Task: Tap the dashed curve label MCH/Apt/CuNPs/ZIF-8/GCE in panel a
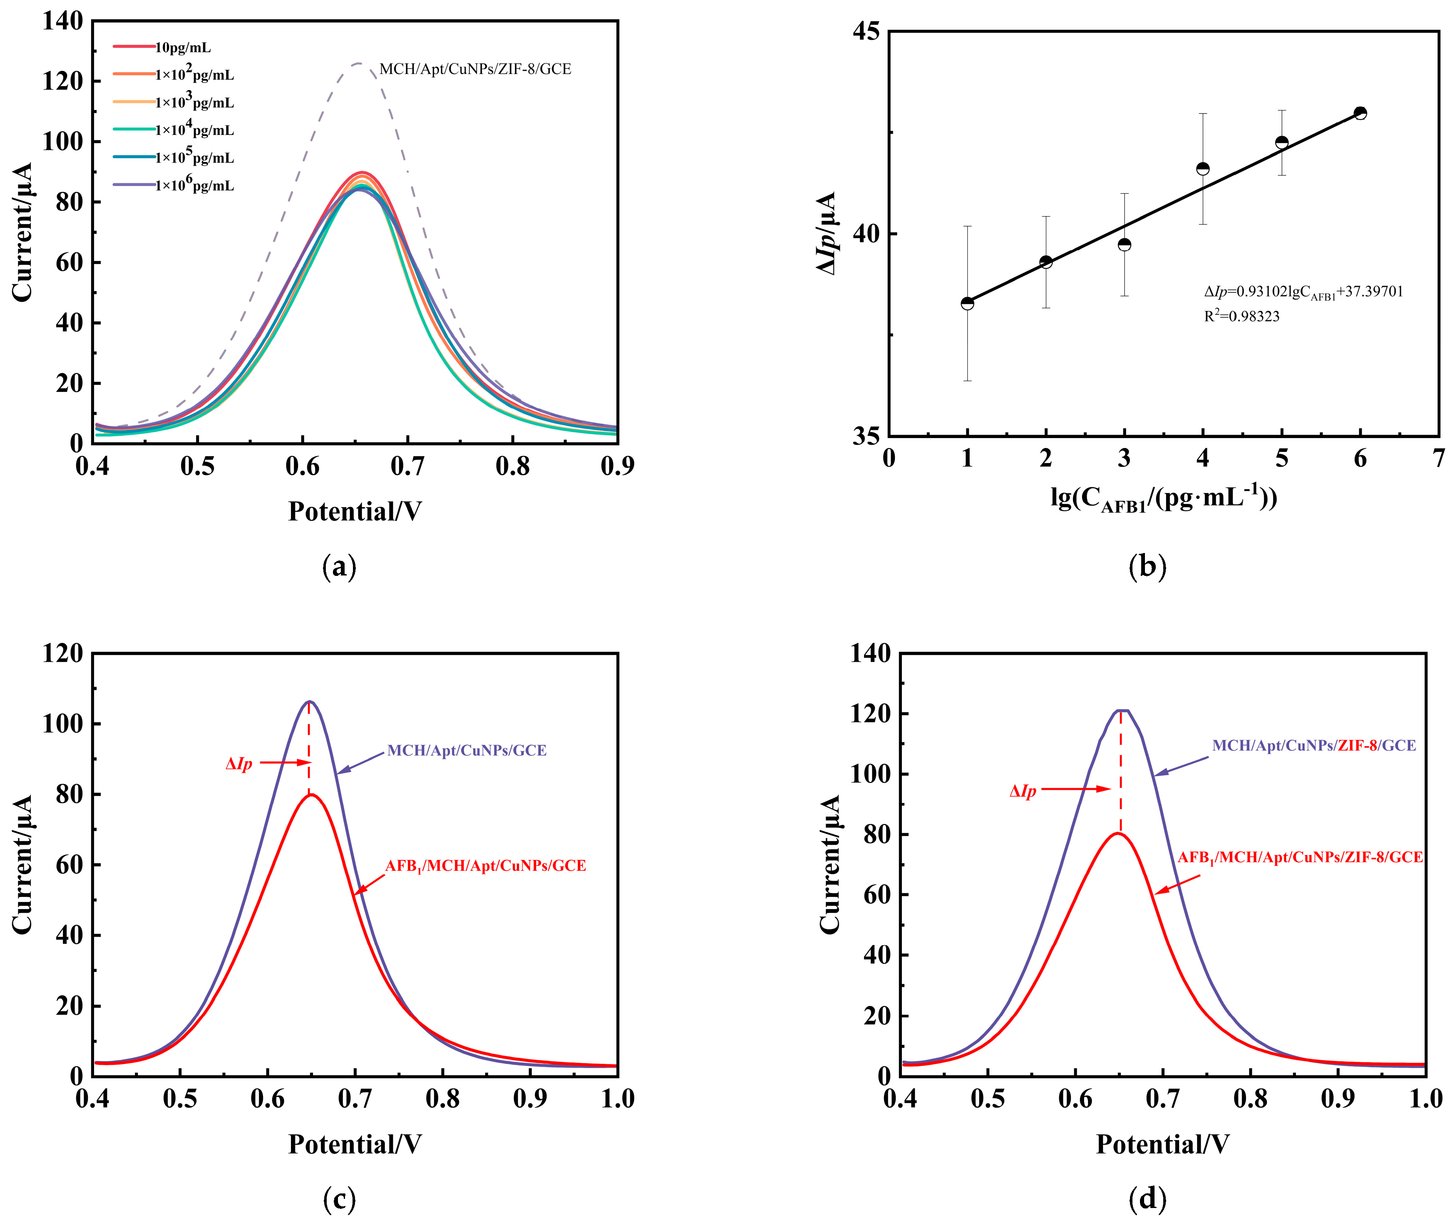point(475,69)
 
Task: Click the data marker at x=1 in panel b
point(967,303)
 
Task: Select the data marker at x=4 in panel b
point(1203,169)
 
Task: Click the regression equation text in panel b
point(1303,292)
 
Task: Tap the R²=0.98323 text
point(1241,316)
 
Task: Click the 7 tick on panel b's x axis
point(1438,459)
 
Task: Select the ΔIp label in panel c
point(239,764)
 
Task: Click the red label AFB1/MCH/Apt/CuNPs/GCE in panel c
point(485,866)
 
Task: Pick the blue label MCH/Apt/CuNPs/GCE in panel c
point(466,750)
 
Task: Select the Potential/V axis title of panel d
point(1162,1144)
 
